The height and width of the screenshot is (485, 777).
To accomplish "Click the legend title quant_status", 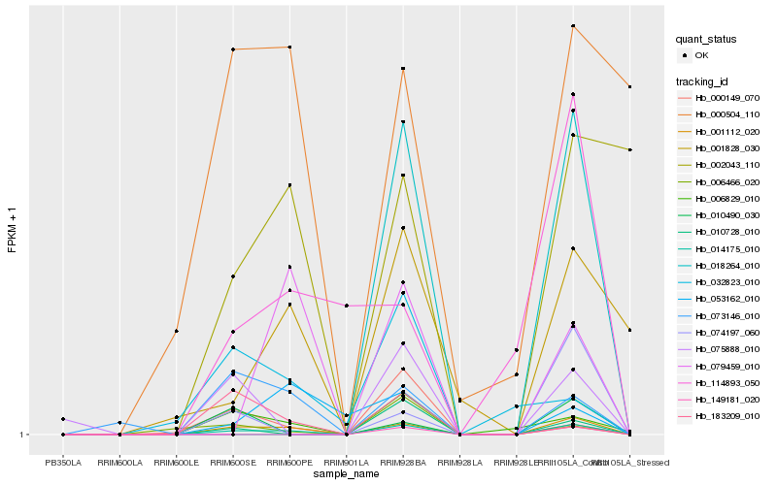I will pos(707,39).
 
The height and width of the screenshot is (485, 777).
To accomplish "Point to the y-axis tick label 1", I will pos(24,435).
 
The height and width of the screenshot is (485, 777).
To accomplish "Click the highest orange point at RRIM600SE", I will pos(233,48).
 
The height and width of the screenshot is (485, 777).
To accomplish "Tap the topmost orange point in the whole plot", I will pos(573,25).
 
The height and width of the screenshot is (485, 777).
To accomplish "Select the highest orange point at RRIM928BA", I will pos(403,69).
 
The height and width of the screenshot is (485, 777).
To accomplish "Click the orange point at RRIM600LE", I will pos(177,331).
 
